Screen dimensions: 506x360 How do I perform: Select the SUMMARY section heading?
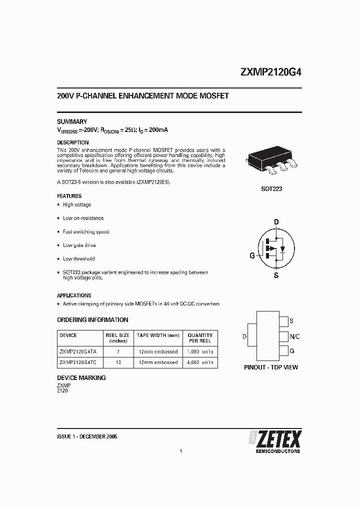point(72,121)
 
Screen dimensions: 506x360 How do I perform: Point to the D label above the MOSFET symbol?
point(275,222)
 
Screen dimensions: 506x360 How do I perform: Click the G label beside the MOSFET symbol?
point(252,255)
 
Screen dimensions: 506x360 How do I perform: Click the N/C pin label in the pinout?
point(294,336)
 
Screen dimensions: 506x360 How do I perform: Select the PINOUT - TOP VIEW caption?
point(271,367)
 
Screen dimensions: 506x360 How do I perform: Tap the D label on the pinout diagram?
point(244,336)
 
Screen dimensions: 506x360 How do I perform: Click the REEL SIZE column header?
point(117,338)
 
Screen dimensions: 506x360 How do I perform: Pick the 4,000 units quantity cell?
point(200,362)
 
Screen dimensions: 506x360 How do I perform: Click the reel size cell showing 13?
point(117,362)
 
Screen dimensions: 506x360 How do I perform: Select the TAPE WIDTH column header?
point(157,335)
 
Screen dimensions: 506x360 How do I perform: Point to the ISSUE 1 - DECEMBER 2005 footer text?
point(87,436)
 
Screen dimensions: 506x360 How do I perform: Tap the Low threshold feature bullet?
point(78,259)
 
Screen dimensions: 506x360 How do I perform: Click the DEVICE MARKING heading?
point(81,378)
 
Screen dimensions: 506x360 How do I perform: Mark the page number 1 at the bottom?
point(180,452)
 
